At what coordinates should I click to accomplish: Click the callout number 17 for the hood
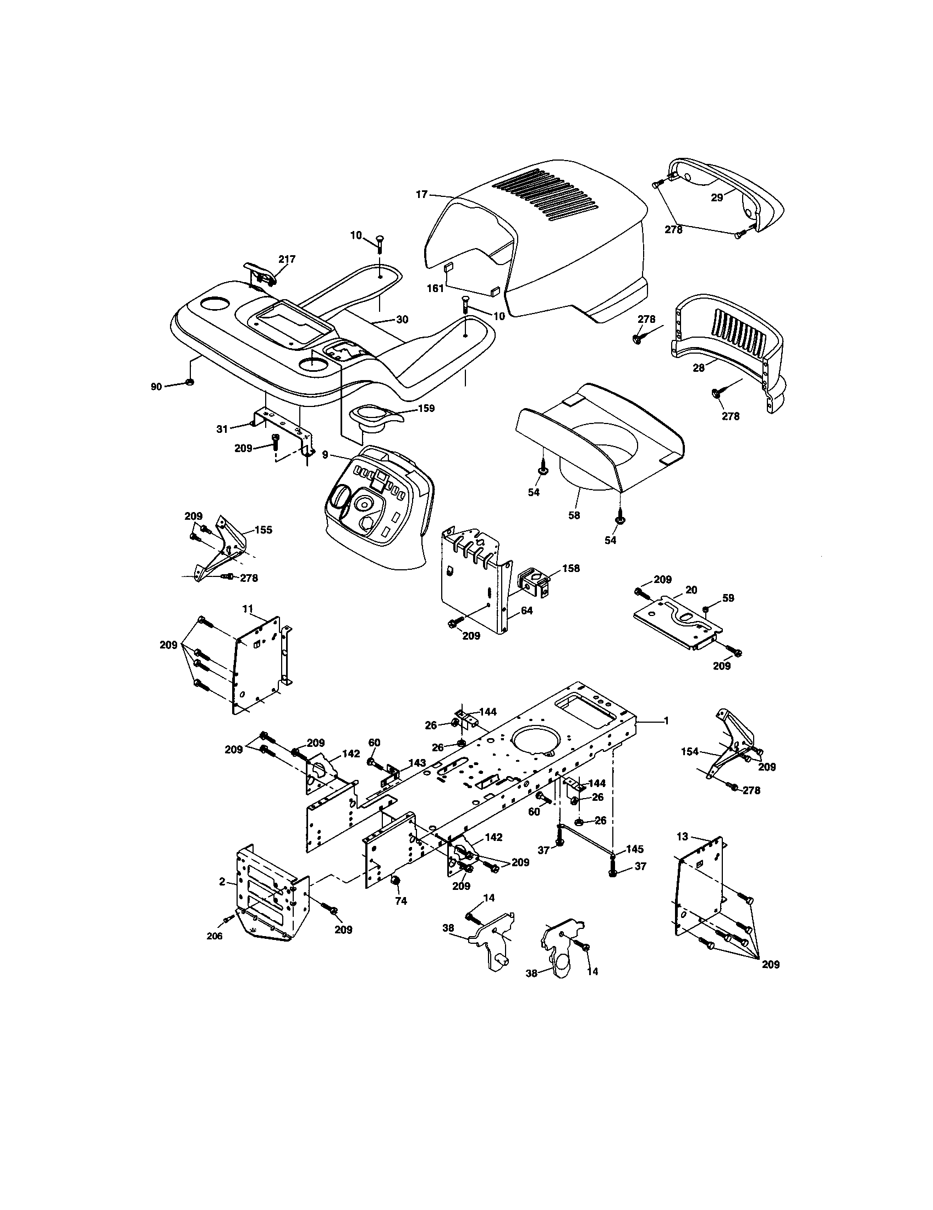tap(421, 195)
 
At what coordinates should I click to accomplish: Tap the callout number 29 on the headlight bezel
tap(717, 197)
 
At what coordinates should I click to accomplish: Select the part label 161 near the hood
tap(436, 288)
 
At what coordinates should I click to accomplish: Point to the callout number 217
tap(287, 258)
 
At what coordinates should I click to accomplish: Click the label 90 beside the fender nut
tap(156, 387)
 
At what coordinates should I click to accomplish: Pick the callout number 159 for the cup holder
tap(426, 408)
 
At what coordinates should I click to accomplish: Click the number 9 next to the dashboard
tap(325, 454)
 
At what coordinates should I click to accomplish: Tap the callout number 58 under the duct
tap(574, 515)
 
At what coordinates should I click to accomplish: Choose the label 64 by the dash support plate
tap(526, 611)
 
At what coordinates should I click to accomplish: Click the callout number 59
tap(728, 598)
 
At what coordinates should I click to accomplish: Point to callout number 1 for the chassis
tap(667, 721)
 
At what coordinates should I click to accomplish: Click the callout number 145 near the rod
tap(635, 849)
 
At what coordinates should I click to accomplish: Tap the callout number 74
tap(400, 901)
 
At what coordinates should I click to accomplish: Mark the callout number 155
tap(263, 530)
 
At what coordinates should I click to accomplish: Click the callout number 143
tap(418, 763)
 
